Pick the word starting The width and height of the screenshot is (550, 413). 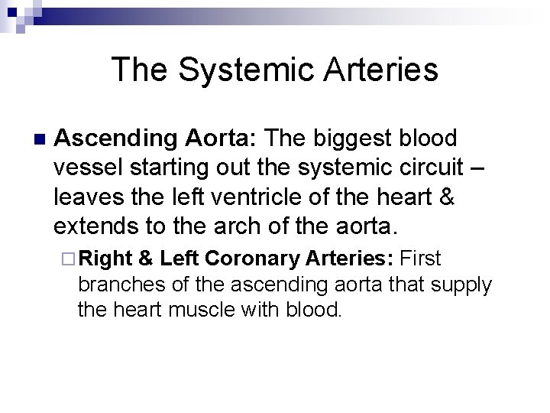tap(178, 168)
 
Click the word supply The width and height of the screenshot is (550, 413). tap(459, 285)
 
